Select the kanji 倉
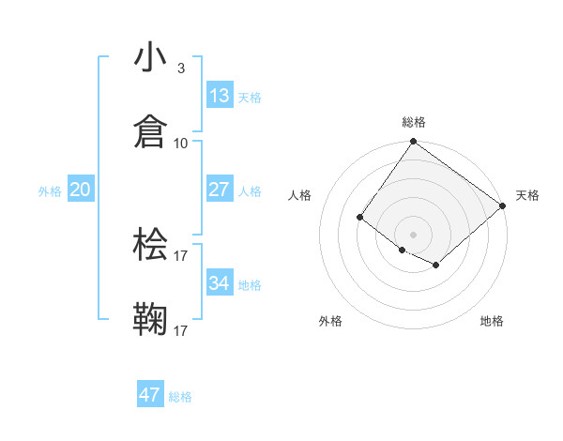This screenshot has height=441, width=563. (151, 130)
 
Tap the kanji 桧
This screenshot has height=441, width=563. (151, 244)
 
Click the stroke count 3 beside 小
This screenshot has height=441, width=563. (180, 68)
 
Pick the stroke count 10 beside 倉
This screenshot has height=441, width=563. (181, 143)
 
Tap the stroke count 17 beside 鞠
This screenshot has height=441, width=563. (181, 330)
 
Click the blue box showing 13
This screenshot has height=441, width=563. (219, 96)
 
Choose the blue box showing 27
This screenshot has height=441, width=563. (219, 190)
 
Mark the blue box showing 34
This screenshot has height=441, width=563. (219, 283)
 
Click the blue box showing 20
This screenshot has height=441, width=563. (80, 190)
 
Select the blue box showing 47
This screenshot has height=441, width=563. (150, 395)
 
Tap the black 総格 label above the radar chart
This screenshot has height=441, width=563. (414, 122)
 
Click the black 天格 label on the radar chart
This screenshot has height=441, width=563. (527, 195)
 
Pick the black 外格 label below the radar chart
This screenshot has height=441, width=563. (330, 321)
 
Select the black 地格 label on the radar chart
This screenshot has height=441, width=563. (492, 321)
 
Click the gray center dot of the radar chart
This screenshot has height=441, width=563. (413, 234)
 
